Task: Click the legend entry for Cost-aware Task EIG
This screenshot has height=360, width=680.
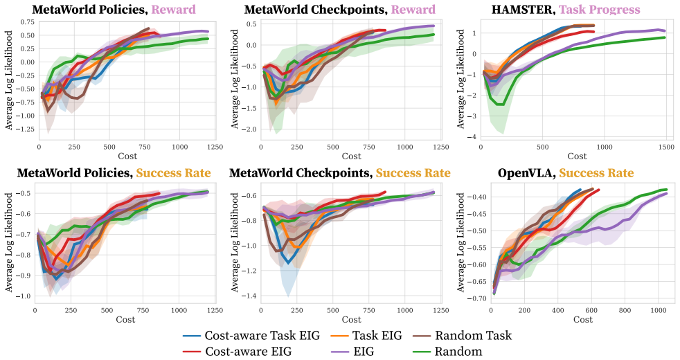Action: click(x=251, y=335)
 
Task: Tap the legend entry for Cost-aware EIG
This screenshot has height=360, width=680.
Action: click(x=238, y=351)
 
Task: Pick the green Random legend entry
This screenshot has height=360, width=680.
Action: click(x=447, y=351)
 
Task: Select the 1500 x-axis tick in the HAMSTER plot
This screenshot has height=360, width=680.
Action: click(x=667, y=147)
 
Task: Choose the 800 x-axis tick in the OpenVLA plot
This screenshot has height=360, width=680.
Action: click(x=625, y=311)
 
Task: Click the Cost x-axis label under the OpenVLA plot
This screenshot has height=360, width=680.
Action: click(x=583, y=320)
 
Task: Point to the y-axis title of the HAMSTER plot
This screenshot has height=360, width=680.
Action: click(x=460, y=79)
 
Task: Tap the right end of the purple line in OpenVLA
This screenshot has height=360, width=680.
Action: click(x=666, y=193)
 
